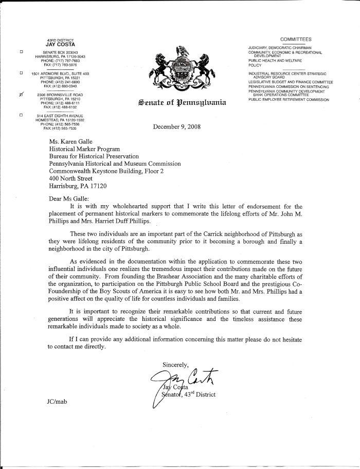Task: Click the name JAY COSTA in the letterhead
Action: pos(61,45)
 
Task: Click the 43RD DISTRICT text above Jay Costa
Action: pos(61,40)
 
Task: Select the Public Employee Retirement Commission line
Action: pos(288,99)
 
